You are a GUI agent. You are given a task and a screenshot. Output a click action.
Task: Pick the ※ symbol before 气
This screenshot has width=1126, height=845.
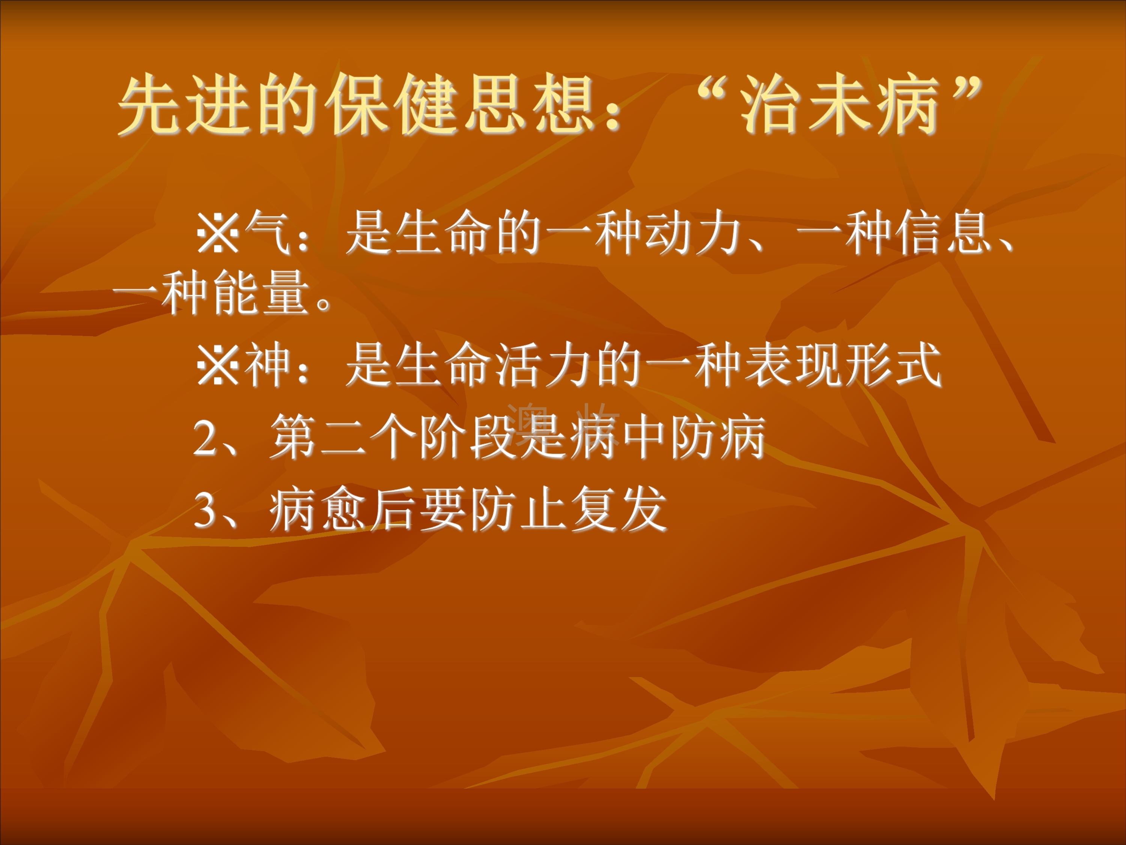coord(218,233)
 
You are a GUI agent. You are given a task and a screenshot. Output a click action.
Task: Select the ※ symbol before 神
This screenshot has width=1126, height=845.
coord(218,365)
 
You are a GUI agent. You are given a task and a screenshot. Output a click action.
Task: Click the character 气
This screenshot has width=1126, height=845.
coord(267,233)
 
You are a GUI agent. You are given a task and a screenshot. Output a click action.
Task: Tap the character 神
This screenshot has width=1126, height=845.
coord(267,365)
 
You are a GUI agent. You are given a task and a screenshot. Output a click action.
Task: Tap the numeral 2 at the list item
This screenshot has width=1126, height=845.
coord(206,438)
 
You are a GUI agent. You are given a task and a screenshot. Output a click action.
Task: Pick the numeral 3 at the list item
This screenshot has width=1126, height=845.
coord(206,510)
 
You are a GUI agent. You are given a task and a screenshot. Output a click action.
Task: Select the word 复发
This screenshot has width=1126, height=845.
coord(619,509)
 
